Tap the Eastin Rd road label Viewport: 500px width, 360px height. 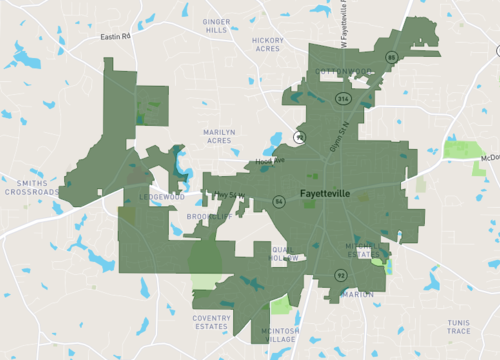[116, 37]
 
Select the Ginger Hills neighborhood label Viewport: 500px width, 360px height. [216, 25]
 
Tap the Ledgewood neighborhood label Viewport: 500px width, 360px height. [162, 197]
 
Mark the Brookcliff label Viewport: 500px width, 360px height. [208, 215]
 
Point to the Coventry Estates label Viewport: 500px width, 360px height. [212, 322]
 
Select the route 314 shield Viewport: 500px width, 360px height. [344, 98]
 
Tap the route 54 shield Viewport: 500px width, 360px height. [279, 202]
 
